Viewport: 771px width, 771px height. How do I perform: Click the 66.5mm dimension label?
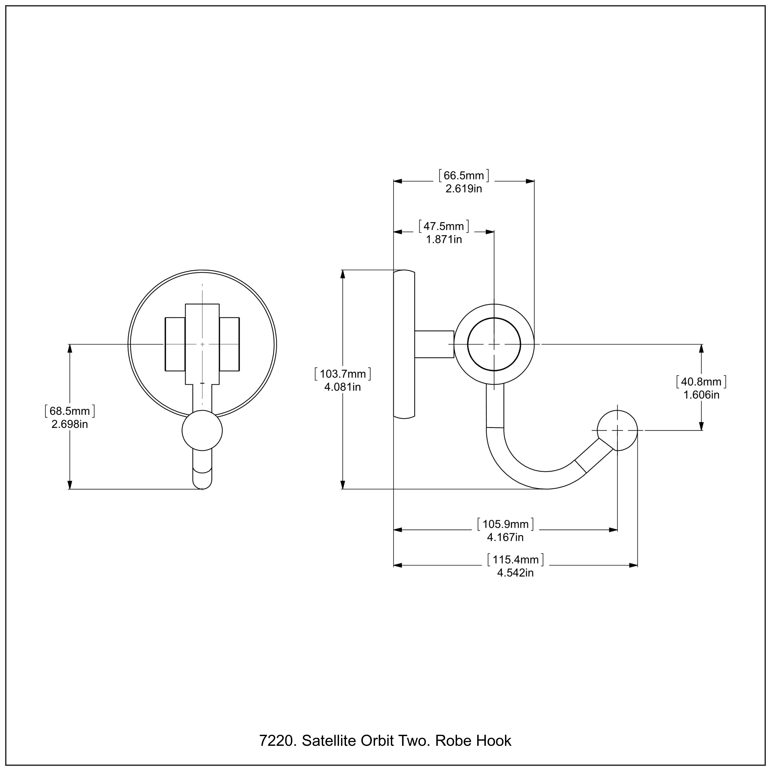(464, 176)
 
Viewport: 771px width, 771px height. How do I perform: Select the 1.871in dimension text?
(444, 240)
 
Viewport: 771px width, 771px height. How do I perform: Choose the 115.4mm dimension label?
(515, 559)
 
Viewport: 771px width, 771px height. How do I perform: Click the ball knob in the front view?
(202, 430)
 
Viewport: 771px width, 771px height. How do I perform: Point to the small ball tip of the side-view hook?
(617, 430)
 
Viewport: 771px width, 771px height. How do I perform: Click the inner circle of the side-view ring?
(494, 344)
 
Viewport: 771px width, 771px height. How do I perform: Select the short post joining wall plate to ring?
(434, 344)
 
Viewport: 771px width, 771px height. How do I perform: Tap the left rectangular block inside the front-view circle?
(175, 344)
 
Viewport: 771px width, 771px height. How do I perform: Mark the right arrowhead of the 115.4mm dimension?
(633, 565)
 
